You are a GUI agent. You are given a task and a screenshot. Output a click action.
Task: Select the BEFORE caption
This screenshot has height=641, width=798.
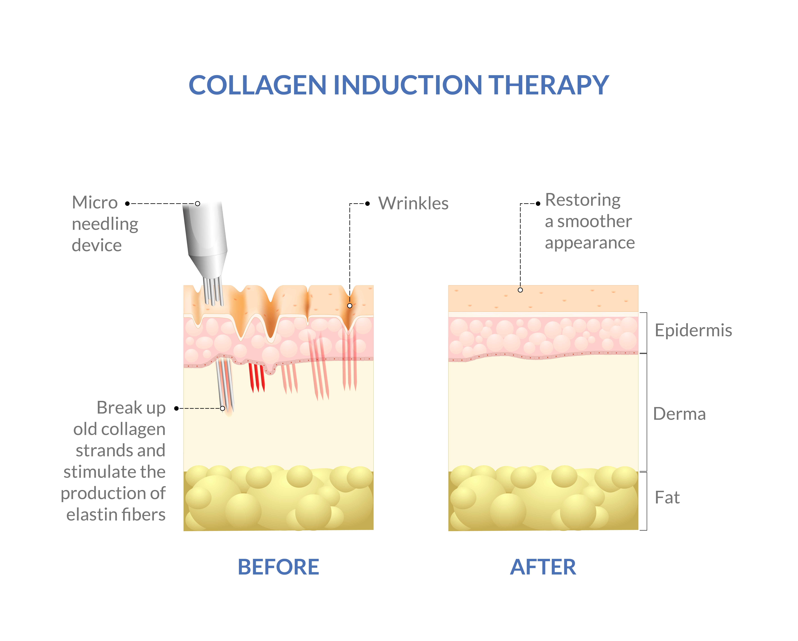(278, 567)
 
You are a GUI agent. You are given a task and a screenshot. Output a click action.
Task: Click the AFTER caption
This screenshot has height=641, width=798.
(543, 567)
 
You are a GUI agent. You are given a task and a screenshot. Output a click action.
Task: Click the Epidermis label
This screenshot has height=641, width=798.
(693, 330)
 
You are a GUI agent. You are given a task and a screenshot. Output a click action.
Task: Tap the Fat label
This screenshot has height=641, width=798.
(667, 498)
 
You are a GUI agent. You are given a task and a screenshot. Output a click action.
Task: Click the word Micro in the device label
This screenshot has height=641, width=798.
(95, 203)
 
